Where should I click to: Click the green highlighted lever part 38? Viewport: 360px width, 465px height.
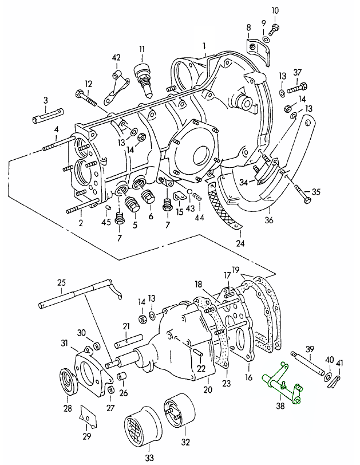282,386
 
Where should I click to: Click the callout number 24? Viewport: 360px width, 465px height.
240,243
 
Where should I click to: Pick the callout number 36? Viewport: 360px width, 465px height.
269,219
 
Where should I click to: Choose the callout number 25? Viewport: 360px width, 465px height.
61,282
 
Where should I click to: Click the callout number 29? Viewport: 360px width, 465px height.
86,436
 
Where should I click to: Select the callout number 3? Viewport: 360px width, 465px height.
45,101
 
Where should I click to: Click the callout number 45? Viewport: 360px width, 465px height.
106,222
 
